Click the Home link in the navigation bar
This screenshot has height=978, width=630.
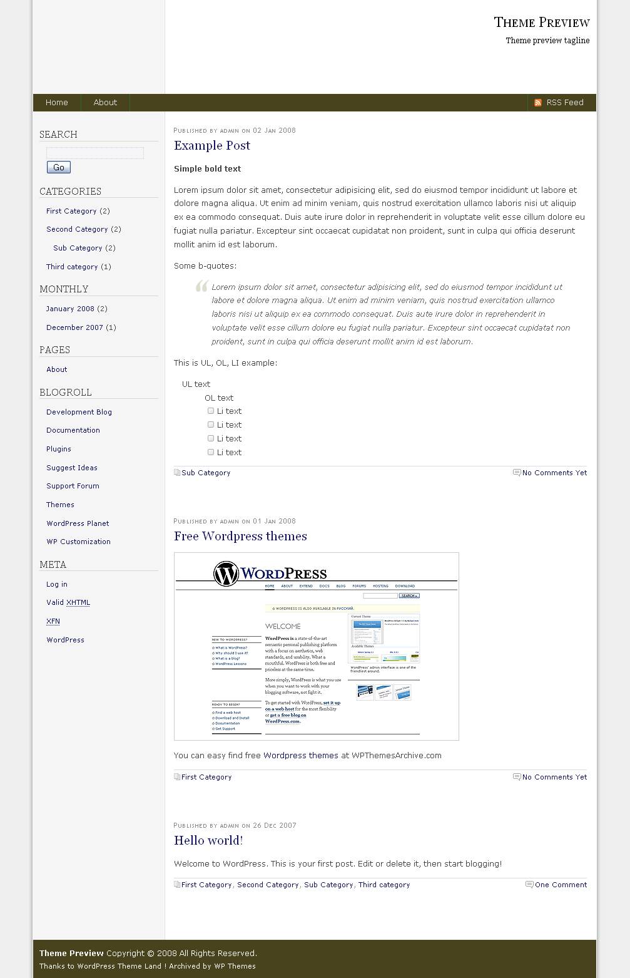click(x=56, y=103)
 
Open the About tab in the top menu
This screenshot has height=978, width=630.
click(x=105, y=103)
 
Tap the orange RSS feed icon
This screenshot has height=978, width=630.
click(x=538, y=103)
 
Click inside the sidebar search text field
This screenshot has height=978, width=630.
click(x=95, y=153)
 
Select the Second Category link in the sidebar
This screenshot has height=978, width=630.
click(x=77, y=229)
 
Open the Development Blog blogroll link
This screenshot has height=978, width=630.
click(x=79, y=412)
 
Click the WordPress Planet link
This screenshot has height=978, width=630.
click(x=78, y=523)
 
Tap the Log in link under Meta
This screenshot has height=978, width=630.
click(x=57, y=584)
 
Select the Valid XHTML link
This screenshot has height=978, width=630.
click(x=68, y=602)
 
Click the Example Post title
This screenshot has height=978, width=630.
click(x=212, y=146)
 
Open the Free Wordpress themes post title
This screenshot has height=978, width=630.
click(x=240, y=537)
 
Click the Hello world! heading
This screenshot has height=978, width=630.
click(x=208, y=841)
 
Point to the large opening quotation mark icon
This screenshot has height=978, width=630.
click(x=201, y=287)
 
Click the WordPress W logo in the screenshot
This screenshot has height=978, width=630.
click(x=226, y=574)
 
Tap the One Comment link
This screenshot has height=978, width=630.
click(x=561, y=885)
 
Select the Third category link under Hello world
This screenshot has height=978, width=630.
click(x=384, y=885)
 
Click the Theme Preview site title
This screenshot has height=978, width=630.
click(x=542, y=23)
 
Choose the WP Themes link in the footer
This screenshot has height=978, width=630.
click(x=235, y=966)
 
